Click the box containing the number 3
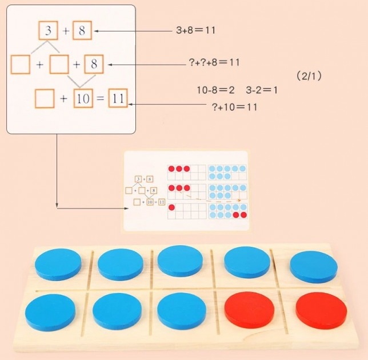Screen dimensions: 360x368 [x=48, y=31]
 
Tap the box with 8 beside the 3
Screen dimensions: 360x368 [x=82, y=31]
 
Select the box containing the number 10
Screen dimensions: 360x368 [x=83, y=99]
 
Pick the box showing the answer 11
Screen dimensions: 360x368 [x=117, y=99]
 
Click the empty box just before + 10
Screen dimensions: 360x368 [x=44, y=99]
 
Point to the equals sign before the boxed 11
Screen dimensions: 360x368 [x=100, y=99]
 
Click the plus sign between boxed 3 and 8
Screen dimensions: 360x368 [x=66, y=31]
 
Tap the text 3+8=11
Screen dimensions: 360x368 [x=195, y=30]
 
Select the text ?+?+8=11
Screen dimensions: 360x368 [x=214, y=62]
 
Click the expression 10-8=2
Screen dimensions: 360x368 [x=215, y=90]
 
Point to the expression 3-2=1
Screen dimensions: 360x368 [x=262, y=90]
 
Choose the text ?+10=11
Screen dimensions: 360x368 [x=234, y=107]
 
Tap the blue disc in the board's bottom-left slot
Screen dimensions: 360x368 [x=51, y=311]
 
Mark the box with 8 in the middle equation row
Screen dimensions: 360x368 [x=93, y=65]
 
